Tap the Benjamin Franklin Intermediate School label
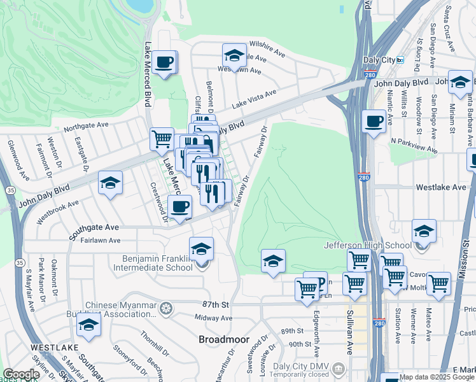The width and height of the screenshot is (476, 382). tap(158, 263)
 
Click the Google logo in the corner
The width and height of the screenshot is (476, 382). tap(21, 374)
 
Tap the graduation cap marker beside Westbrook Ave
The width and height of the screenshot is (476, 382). tap(111, 183)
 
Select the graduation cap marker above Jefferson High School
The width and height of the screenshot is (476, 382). tap(424, 231)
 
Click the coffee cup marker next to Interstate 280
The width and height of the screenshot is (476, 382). tap(374, 121)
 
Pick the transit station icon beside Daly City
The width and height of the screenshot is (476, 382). tap(400, 60)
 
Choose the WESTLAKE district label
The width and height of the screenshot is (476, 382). tap(54, 348)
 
